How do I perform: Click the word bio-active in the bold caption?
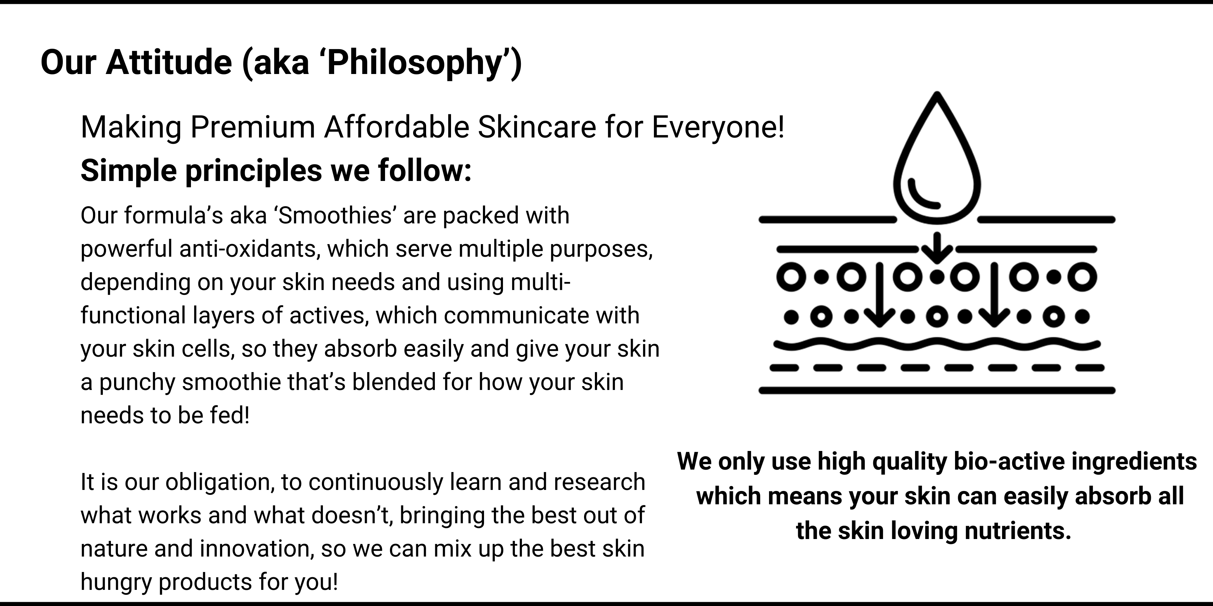tap(1009, 462)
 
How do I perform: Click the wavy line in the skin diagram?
tap(937, 345)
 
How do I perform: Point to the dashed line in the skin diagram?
tap(937, 368)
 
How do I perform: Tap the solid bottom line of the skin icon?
tap(937, 390)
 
